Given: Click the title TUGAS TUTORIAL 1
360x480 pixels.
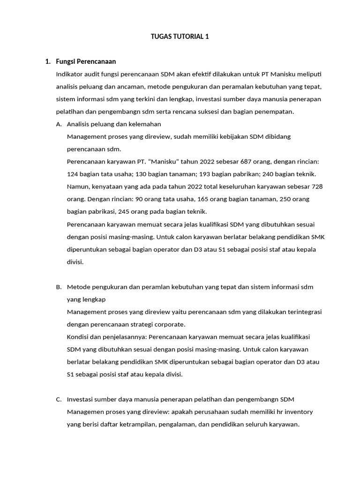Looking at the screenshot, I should pyautogui.click(x=180, y=36).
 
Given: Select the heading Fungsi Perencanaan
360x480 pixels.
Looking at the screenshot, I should pyautogui.click(x=86, y=61).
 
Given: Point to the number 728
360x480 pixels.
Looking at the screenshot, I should pyautogui.click(x=317, y=186).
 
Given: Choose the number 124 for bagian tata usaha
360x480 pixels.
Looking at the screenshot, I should pyautogui.click(x=73, y=174).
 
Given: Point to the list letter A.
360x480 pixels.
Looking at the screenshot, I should pyautogui.click(x=59, y=124).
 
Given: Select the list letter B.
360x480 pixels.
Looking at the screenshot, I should pyautogui.click(x=59, y=286).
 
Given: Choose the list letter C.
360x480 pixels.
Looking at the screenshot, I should pyautogui.click(x=59, y=399).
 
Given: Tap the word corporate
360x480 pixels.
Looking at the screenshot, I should pyautogui.click(x=171, y=324).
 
